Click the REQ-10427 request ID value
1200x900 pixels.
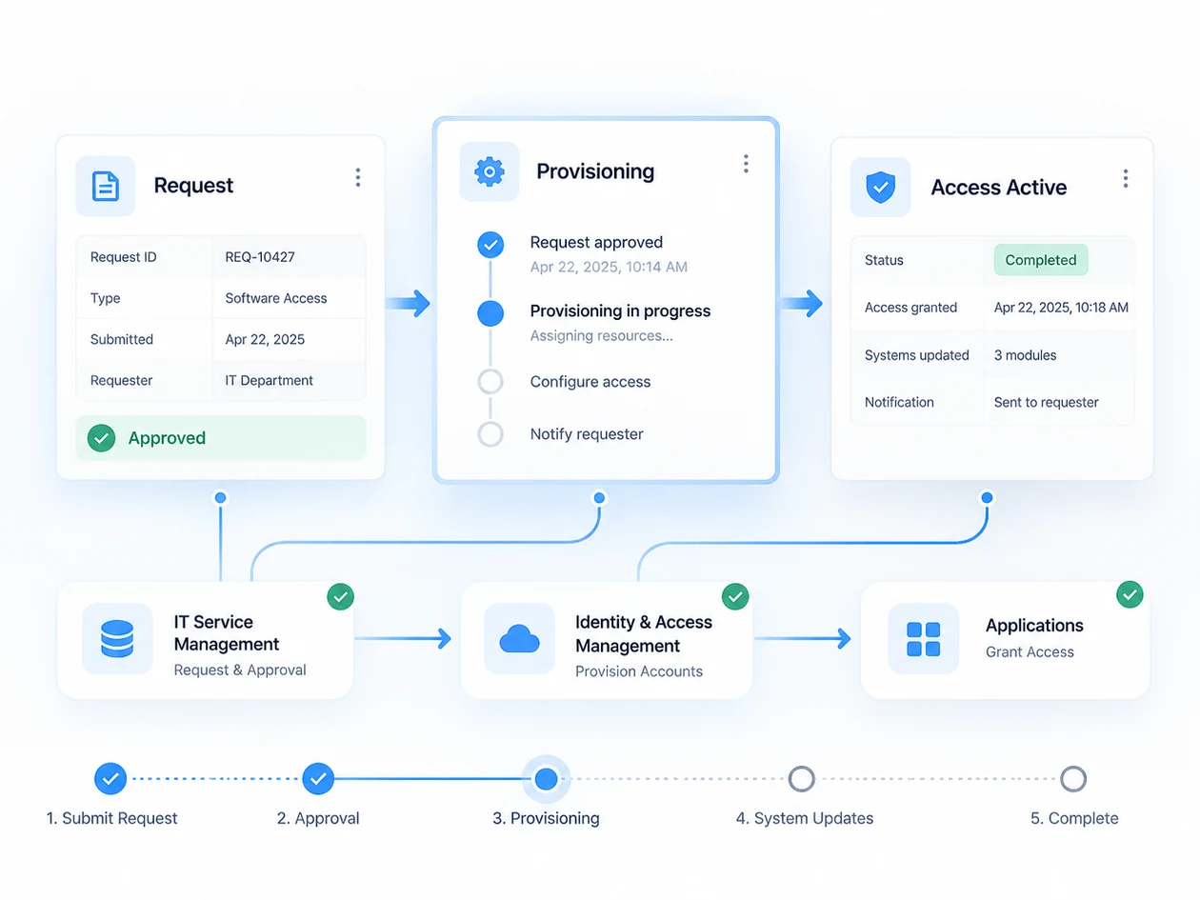coord(260,257)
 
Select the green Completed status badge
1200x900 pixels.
coord(1040,260)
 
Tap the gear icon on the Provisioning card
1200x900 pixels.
coord(490,171)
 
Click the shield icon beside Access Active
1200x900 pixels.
coord(880,187)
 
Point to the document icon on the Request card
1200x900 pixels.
coord(105,186)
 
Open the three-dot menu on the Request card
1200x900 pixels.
coord(357,177)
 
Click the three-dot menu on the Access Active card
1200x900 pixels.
coord(1125,179)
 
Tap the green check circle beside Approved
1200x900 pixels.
coord(101,438)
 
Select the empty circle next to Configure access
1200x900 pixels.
coord(490,381)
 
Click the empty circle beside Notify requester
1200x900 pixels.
coord(490,434)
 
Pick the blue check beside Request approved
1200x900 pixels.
coord(490,244)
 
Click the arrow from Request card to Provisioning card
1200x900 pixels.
coord(408,303)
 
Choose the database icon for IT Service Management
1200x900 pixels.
coord(117,638)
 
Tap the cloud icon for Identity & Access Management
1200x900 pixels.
coord(519,639)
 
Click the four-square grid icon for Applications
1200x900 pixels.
coord(924,639)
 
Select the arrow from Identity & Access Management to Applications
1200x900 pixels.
coord(803,638)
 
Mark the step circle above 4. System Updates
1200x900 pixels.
coord(802,779)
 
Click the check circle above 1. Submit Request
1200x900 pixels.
coord(110,779)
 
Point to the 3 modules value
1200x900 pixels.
coord(1025,355)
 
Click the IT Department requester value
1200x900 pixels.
coord(269,380)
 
